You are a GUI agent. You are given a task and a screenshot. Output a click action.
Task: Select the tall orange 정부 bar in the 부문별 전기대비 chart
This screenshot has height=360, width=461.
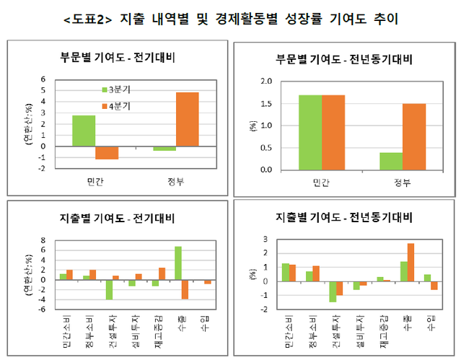187,119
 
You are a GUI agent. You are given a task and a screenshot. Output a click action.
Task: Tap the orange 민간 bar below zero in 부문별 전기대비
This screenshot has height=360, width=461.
107,152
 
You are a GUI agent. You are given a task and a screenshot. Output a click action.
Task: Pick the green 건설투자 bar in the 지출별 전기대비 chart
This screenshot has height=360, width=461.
109,289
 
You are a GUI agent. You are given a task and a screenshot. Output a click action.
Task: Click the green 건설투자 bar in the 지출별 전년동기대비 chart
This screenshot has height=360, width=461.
333,291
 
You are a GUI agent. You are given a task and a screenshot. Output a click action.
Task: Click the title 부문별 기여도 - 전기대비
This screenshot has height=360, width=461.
117,57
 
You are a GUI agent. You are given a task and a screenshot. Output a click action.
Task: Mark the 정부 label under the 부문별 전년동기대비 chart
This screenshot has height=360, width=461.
402,183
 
